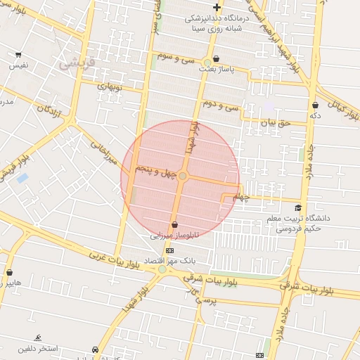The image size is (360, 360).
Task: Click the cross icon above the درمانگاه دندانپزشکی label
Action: pos(217,8)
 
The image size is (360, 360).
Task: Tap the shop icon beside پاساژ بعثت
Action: pos(215,59)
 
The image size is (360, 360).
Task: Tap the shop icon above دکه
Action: pos(314,105)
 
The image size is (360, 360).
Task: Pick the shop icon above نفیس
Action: pos(18,55)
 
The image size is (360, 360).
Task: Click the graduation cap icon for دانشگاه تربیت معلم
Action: pos(298,208)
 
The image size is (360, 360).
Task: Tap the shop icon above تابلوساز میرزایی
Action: pos(174,225)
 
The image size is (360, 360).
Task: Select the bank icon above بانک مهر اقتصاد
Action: pos(169,250)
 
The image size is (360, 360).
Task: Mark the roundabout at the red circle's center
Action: pos(182,176)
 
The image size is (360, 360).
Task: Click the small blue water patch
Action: pos(22,178)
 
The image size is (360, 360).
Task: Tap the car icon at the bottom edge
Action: pos(95,349)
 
